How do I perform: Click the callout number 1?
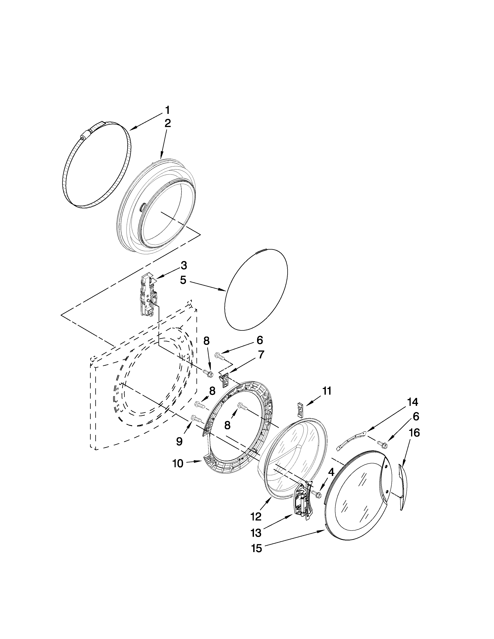coord(167,110)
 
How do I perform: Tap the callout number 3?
coord(183,266)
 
